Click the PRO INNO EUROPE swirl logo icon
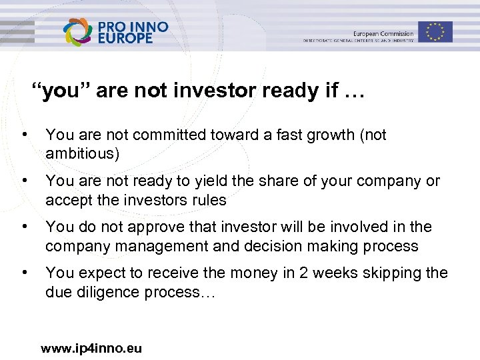point(79,32)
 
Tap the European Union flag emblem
point(436,31)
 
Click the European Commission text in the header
point(383,33)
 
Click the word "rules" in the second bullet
point(209,200)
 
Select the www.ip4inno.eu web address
point(91,348)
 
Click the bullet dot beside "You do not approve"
point(25,227)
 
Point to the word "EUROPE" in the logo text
point(127,39)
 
